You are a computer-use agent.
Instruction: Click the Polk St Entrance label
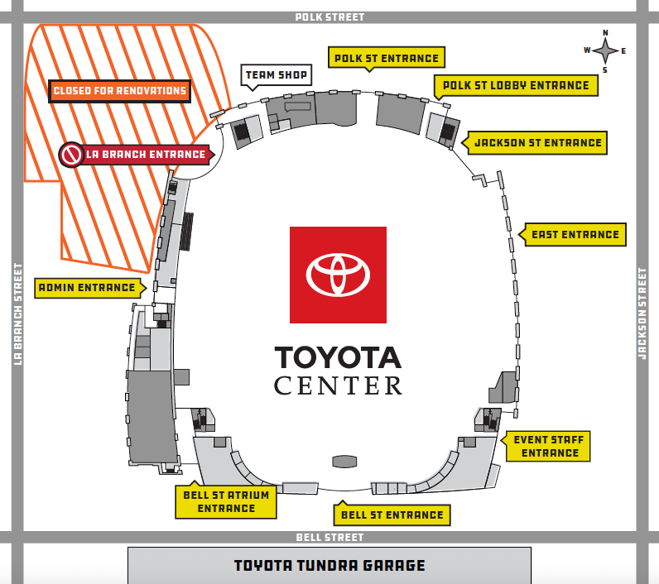(x=387, y=58)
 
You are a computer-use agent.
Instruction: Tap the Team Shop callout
(x=277, y=75)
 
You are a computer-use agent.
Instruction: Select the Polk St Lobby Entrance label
(x=516, y=86)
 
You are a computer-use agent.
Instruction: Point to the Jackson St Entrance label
(x=535, y=143)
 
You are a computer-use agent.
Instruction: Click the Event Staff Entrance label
(x=546, y=446)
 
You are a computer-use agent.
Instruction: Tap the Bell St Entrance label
(x=392, y=515)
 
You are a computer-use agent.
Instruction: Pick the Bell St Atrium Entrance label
(x=226, y=502)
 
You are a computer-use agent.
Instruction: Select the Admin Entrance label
(x=90, y=288)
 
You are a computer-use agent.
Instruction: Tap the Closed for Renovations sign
(x=120, y=91)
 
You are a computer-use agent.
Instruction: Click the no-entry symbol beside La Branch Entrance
(x=71, y=155)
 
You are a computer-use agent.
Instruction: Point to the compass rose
(x=605, y=51)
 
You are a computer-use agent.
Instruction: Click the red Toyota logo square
(x=338, y=275)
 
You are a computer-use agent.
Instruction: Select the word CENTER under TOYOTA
(x=338, y=385)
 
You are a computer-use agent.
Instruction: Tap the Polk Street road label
(x=329, y=17)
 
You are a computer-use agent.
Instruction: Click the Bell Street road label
(x=329, y=538)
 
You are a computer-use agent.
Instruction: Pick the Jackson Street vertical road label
(x=642, y=314)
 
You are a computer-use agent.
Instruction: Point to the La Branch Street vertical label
(x=17, y=314)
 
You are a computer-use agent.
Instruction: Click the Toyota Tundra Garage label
(x=329, y=566)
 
